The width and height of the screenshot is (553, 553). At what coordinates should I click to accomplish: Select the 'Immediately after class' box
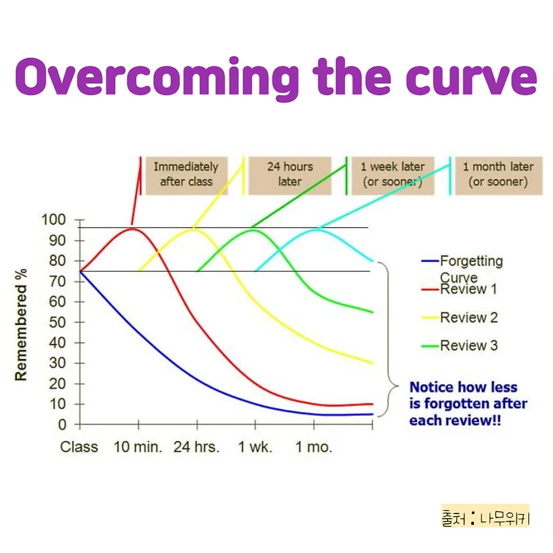pos(185,175)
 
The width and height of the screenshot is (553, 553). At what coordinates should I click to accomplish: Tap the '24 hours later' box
pos(290,175)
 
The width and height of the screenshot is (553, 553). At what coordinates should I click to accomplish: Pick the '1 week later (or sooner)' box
pos(392,175)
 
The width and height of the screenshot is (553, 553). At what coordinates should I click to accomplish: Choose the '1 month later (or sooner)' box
pos(497,175)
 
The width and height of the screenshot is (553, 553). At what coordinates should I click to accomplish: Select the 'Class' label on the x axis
pos(79,448)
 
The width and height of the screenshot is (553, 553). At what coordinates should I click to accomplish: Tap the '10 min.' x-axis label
pos(138,448)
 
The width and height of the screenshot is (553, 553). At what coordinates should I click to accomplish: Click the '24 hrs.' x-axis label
pos(196,448)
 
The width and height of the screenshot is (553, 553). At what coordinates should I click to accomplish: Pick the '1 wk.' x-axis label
pos(255,448)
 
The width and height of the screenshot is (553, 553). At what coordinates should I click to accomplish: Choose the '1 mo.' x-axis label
pos(313,448)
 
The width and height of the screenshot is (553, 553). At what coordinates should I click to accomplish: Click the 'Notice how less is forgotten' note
pos(468,404)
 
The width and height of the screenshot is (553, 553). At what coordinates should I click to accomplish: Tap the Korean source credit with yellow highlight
pos(485,519)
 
